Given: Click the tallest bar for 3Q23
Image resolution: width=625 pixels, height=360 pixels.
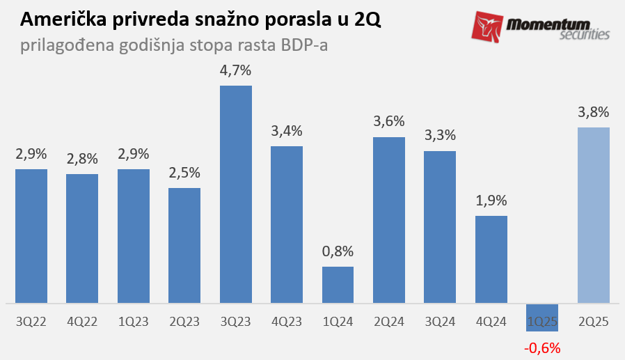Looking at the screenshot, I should [236, 194].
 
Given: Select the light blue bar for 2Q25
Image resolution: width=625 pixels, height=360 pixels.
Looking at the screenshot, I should [594, 215].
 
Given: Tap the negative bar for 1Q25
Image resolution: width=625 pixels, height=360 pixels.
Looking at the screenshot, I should [542, 314].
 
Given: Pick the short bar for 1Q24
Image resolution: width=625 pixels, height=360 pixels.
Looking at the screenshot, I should [338, 285].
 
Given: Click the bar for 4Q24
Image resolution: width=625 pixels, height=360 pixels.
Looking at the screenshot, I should [491, 259].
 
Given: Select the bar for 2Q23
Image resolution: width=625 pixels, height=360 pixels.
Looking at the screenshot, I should [184, 245].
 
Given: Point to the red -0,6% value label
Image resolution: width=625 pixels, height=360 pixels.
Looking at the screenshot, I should [542, 347].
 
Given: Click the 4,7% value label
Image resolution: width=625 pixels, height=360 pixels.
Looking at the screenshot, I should [236, 70].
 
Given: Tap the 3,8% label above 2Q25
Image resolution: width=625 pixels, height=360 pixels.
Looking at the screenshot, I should [594, 112].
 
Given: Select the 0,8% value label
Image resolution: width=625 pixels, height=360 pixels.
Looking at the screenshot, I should [338, 251].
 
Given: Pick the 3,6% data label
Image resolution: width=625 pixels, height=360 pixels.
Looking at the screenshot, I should [389, 122].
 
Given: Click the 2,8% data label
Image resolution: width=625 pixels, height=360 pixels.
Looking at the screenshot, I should [82, 159].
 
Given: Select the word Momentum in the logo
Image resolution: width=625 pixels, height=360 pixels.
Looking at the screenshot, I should [552, 23].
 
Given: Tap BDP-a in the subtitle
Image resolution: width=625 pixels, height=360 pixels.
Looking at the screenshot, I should [304, 47].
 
